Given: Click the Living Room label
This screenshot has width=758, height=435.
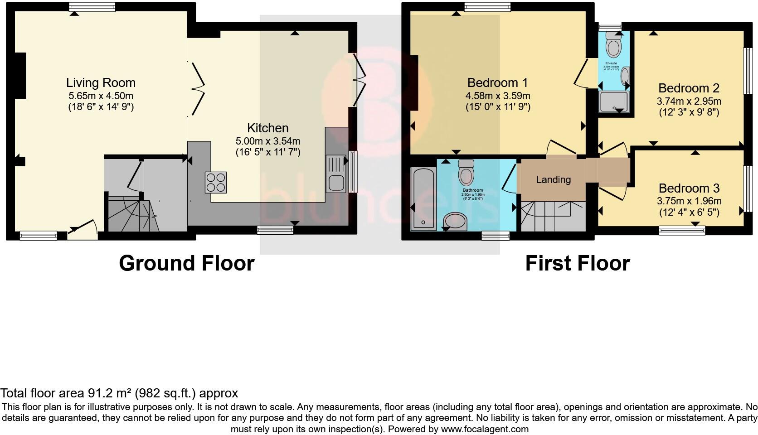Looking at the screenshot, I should click(x=101, y=83).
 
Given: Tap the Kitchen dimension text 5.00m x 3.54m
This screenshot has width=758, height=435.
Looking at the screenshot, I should click(x=267, y=141).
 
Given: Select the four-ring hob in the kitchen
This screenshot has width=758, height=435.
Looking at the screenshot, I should click(x=215, y=182).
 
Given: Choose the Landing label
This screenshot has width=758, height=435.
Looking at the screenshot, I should click(x=553, y=180).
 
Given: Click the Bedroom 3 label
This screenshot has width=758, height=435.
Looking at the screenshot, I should click(x=689, y=188).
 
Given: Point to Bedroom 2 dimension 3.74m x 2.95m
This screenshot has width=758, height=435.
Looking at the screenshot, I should click(x=689, y=101).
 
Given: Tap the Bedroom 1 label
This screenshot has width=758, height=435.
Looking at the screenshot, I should click(x=497, y=83).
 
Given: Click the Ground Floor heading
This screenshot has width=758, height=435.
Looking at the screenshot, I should click(x=186, y=263).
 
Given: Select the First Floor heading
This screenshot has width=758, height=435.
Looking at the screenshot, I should click(x=577, y=263).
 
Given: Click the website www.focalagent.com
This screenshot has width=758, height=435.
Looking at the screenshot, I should click(x=484, y=429).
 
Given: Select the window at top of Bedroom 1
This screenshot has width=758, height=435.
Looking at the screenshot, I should click(x=487, y=7).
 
